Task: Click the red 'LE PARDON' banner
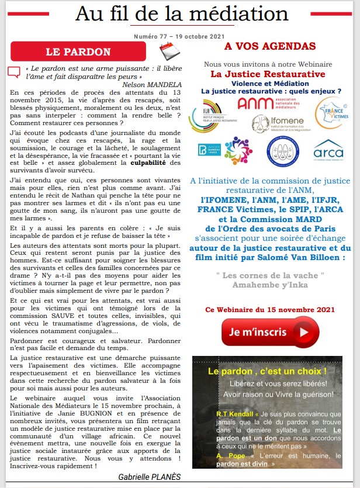[78, 52]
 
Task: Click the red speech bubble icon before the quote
[13, 72]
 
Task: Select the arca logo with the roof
[328, 150]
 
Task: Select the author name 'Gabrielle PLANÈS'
[150, 477]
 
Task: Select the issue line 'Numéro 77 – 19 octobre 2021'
[175, 36]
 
